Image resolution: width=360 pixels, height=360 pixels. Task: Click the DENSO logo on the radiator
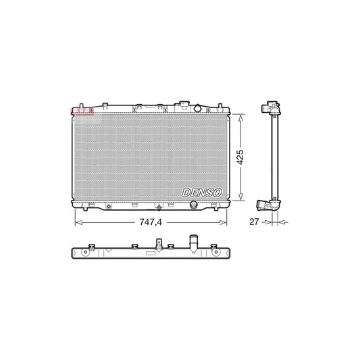203,193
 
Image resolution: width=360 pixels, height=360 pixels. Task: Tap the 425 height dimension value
240,157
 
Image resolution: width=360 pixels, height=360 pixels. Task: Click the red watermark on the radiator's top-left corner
80,111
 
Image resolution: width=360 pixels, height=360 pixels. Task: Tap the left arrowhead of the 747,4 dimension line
76,221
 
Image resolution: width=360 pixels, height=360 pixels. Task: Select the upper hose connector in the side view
272,107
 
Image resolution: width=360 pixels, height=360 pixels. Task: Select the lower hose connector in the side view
265,203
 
